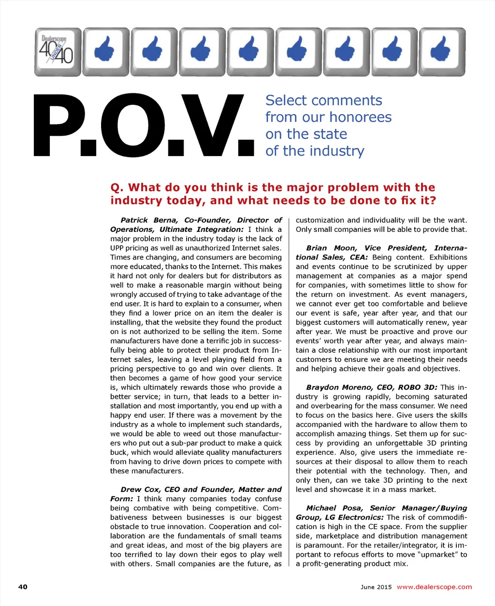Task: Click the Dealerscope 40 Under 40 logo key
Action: pyautogui.click(x=58, y=52)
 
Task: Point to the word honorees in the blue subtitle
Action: pyautogui.click(x=361, y=117)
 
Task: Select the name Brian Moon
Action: pyautogui.click(x=327, y=248)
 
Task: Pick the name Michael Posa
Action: pyautogui.click(x=334, y=508)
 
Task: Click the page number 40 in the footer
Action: pyautogui.click(x=23, y=587)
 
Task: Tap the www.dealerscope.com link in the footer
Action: pyautogui.click(x=434, y=587)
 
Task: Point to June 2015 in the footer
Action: pyautogui.click(x=376, y=587)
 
